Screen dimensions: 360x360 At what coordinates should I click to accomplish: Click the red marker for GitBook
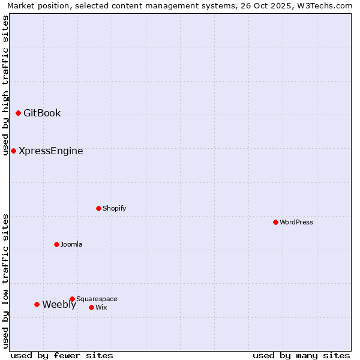coord(18,113)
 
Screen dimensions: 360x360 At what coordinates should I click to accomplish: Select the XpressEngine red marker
coord(13,151)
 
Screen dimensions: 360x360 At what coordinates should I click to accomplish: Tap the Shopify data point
coord(98,208)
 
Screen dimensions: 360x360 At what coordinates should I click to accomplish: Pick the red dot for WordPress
coord(275,222)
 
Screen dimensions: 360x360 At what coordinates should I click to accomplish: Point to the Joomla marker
coord(56,244)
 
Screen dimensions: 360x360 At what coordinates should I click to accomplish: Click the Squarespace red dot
coord(72,299)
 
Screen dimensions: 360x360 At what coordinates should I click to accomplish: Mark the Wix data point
coord(91,307)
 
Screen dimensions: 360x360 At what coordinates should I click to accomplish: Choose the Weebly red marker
coord(37,304)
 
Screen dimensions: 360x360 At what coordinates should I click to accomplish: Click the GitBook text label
coord(42,113)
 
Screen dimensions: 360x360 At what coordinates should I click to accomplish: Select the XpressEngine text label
coord(51,151)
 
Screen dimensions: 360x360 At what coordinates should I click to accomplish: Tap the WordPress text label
coord(296,222)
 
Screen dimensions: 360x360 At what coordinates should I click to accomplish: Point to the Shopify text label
coord(115,208)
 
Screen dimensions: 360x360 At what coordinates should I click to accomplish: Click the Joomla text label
coord(71,244)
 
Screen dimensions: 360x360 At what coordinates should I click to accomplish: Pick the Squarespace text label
coord(97,299)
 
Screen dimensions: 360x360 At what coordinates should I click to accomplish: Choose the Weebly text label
coord(59,304)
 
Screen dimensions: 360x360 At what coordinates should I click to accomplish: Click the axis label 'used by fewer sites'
coord(62,355)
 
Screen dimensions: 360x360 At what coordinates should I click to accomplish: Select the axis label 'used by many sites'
coord(301,355)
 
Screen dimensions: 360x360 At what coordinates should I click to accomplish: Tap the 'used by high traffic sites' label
coord(5,85)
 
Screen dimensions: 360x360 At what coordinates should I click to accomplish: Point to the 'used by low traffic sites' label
coord(5,281)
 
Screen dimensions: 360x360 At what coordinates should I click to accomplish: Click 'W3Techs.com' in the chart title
coord(325,5)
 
